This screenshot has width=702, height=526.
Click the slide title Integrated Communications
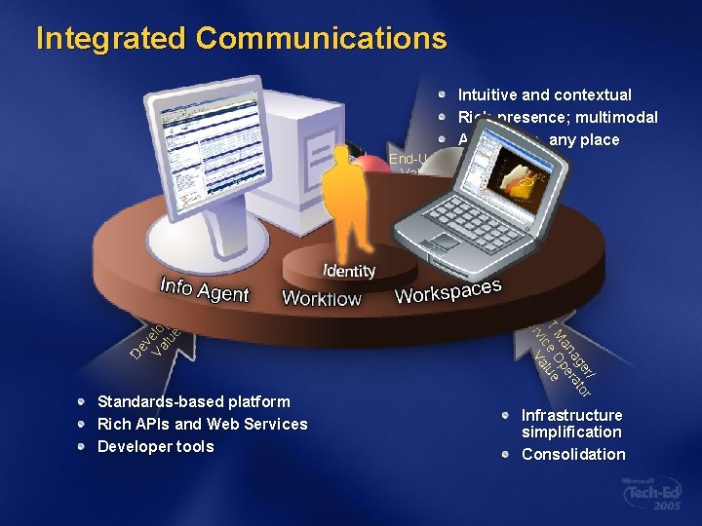241,39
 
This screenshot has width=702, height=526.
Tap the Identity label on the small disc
348,271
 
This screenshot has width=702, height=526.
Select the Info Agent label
205,289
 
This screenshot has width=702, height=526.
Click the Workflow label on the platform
321,299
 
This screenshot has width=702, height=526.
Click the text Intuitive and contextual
544,95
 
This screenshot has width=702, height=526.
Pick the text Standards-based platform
193,401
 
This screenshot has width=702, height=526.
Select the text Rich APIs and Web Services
202,424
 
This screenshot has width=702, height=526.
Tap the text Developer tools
155,446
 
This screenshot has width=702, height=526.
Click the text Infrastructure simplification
571,423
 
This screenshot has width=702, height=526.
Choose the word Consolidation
573,454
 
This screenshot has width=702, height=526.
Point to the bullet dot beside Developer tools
85,446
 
